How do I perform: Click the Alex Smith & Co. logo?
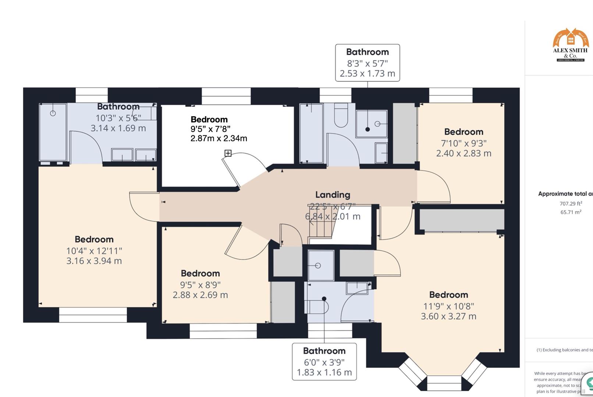571,45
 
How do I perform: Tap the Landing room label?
333,195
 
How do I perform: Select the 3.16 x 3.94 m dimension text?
94,261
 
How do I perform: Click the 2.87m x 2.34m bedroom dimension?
219,139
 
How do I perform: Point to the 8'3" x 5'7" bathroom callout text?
367,63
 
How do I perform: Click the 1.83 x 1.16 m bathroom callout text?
324,372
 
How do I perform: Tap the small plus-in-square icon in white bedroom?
228,153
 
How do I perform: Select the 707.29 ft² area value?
571,204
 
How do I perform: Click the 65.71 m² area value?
571,212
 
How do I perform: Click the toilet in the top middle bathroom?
341,115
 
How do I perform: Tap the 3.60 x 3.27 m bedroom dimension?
448,316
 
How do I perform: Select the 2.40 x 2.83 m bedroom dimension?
464,153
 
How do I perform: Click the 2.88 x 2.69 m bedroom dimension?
200,295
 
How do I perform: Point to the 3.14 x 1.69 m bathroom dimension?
118,128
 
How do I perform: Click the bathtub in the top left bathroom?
53,132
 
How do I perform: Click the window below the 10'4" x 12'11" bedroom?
93,315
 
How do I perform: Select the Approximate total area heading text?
565,194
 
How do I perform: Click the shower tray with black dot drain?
372,123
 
